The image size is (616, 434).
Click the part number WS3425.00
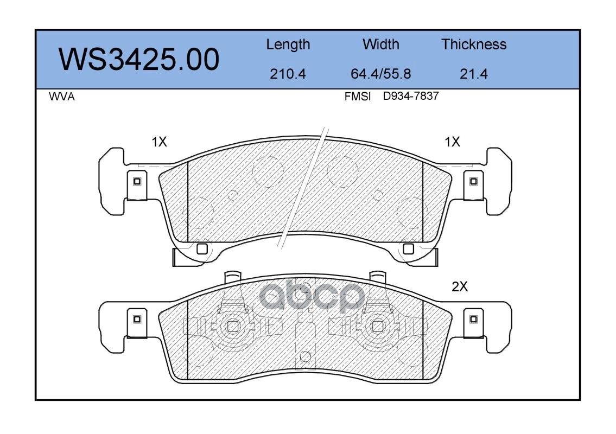tap(139, 60)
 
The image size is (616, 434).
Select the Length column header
tap(288, 45)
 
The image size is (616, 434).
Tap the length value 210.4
tap(288, 74)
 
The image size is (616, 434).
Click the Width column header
tap(380, 44)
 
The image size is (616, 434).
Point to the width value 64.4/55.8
tap(380, 74)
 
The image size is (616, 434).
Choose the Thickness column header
tap(474, 44)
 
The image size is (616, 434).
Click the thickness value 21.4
tap(474, 74)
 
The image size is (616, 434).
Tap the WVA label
tap(62, 97)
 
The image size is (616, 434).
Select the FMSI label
tap(358, 97)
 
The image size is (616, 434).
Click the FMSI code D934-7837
tap(410, 96)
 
